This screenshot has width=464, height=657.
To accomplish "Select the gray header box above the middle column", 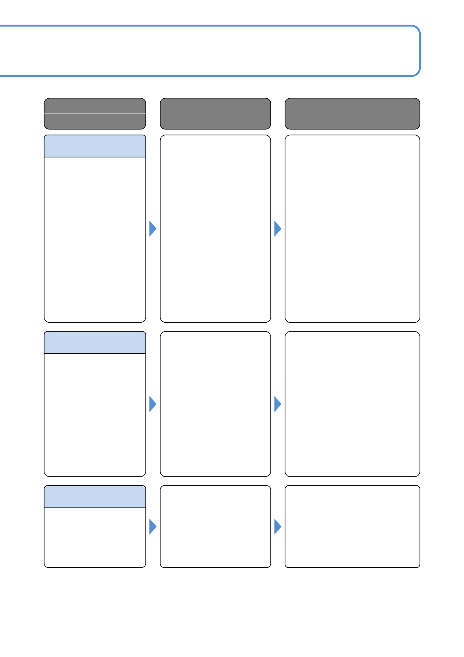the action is (215, 114).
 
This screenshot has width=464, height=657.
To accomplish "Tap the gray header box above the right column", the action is (352, 114).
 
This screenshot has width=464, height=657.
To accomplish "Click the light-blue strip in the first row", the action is (95, 146).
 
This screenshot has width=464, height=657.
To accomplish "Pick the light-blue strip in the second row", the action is (95, 343).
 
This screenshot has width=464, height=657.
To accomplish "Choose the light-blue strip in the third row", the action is (95, 497).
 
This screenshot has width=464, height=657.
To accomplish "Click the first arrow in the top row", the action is (152, 229).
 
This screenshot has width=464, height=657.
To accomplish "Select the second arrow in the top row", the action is (277, 229).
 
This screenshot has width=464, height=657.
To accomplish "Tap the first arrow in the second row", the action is (152, 404).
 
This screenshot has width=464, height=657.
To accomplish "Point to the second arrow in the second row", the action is (277, 404).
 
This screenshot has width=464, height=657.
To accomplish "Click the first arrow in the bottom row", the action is (152, 527).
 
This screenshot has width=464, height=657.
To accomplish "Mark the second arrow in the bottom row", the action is (277, 527).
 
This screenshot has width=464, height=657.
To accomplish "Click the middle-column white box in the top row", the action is (215, 229).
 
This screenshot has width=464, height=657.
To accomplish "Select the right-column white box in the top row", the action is (352, 229).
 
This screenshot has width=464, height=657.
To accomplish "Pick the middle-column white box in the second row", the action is (215, 404).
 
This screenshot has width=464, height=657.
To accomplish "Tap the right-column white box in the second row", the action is (352, 404).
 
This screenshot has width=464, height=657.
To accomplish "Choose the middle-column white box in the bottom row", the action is (215, 527).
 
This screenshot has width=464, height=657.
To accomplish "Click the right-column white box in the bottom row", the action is (352, 527).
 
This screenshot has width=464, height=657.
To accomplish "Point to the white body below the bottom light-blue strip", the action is (95, 538).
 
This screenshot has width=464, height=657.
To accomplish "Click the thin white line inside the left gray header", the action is (95, 114).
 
